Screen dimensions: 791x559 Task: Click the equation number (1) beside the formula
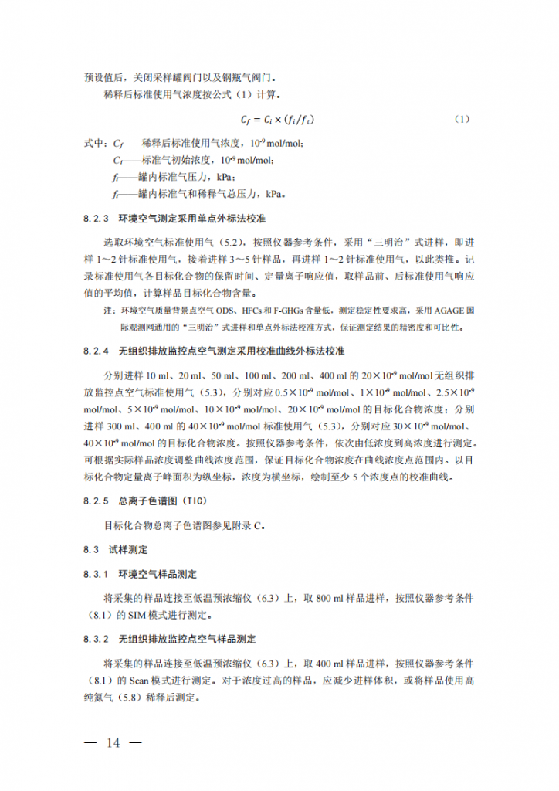[462, 120]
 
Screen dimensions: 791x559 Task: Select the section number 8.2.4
[97, 351]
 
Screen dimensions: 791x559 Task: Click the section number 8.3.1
[97, 574]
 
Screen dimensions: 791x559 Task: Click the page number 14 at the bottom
[113, 743]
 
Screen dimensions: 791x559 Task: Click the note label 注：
[110, 310]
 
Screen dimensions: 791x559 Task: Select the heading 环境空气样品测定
[158, 574]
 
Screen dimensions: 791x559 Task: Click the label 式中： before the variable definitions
[93, 144]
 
